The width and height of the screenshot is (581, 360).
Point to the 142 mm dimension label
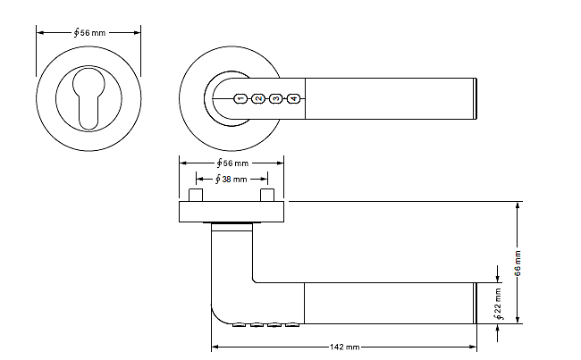coord(345,347)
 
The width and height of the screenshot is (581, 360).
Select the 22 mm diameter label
coord(498,302)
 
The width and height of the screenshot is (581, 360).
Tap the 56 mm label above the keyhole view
coord(88,31)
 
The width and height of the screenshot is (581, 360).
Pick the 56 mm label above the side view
coord(232,164)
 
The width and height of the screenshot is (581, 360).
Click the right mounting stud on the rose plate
coord(265,195)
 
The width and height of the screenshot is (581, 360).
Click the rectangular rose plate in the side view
coord(232,212)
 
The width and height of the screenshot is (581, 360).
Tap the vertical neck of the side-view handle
coord(232,268)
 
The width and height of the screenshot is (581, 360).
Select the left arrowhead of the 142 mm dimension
coord(215,347)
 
